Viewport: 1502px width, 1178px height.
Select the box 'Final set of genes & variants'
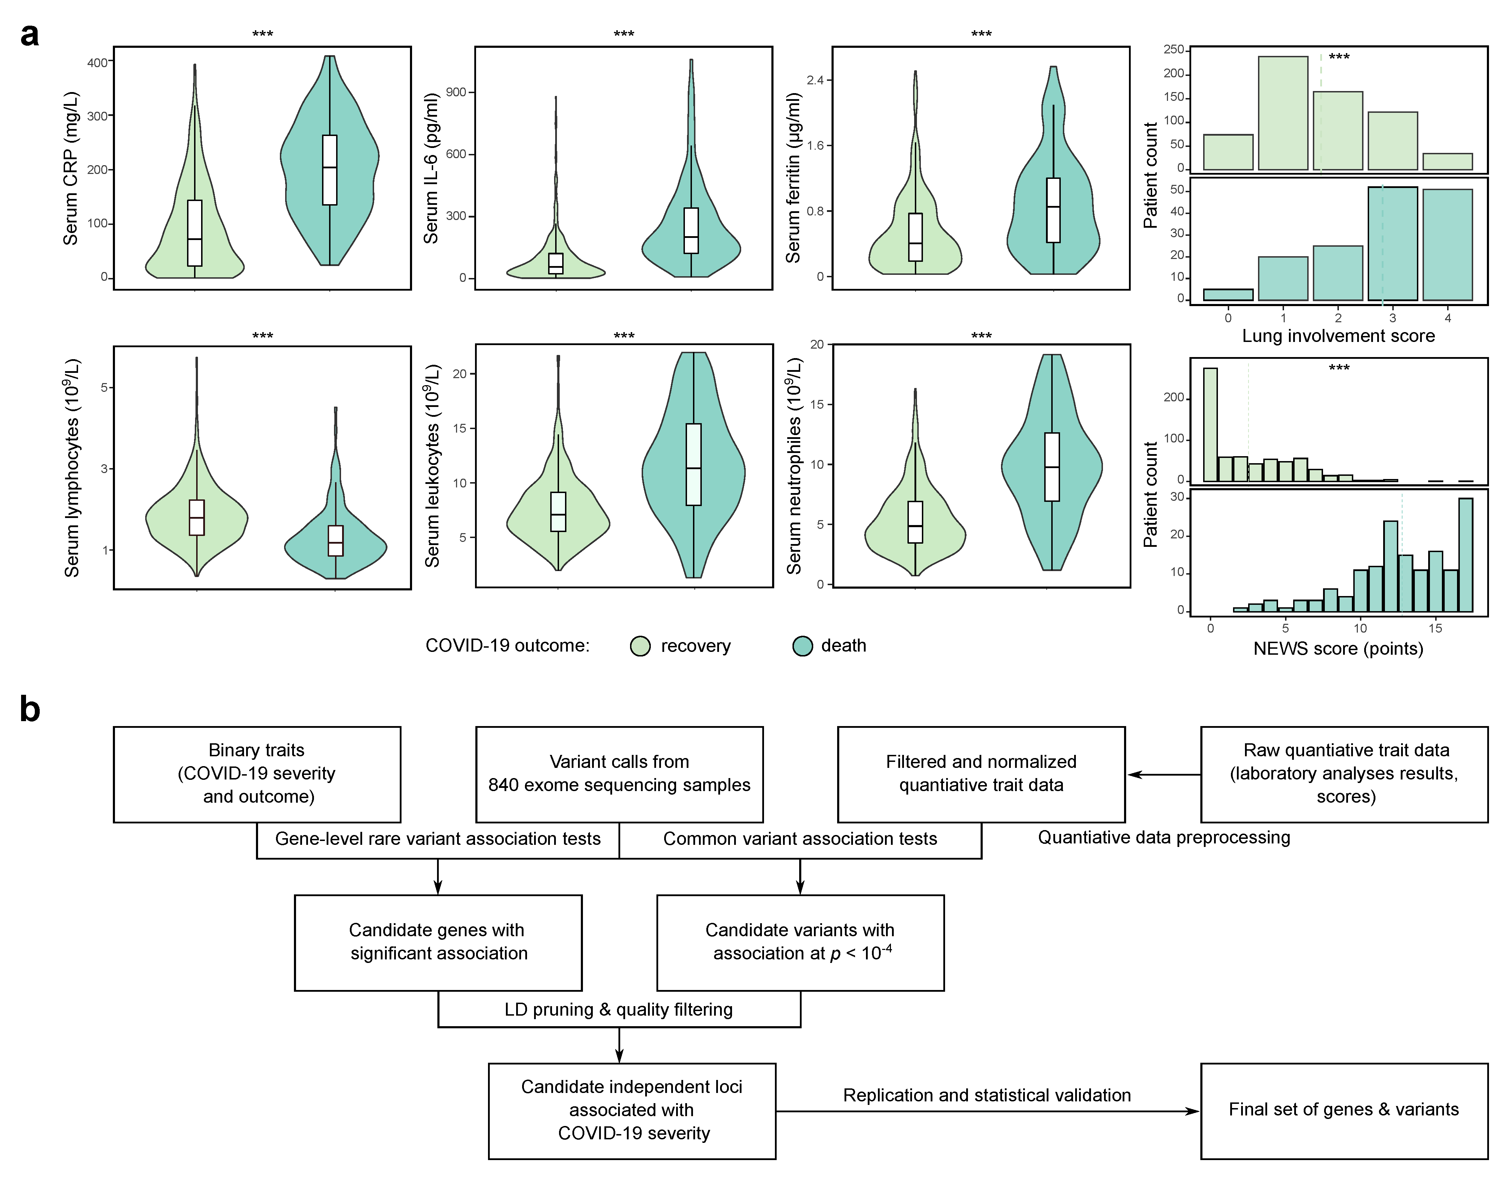1343,1111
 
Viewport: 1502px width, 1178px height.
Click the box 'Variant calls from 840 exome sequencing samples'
619,774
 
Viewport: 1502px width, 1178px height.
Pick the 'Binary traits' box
257,774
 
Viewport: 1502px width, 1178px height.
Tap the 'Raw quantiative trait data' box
1343,774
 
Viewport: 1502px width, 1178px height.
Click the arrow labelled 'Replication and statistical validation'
987,1111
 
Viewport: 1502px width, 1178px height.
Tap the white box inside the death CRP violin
330,170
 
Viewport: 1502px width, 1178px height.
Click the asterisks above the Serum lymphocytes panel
262,336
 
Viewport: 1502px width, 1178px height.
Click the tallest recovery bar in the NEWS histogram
1210,424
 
